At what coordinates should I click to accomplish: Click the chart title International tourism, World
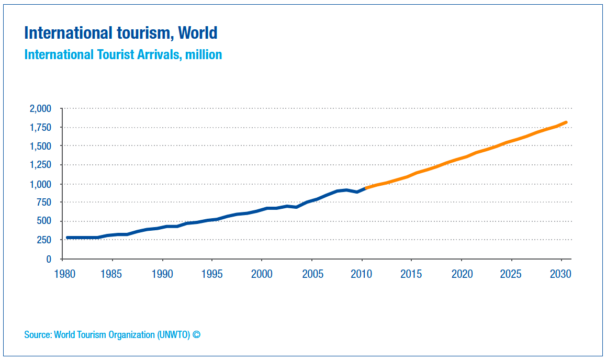click(x=120, y=33)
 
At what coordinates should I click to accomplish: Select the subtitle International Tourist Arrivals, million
click(x=123, y=54)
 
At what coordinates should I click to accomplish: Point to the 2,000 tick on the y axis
click(x=40, y=109)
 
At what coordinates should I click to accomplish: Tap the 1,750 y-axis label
click(x=40, y=128)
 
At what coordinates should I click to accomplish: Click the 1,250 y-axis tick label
click(x=40, y=165)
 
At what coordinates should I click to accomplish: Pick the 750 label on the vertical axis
click(x=44, y=203)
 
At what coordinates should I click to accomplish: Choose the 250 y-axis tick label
click(x=44, y=240)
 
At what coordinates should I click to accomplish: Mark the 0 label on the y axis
click(x=49, y=259)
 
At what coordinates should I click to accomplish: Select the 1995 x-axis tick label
click(x=212, y=274)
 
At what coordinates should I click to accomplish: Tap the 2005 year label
click(x=312, y=274)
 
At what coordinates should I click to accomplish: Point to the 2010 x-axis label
click(x=362, y=274)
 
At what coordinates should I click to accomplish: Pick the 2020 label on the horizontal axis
click(x=461, y=274)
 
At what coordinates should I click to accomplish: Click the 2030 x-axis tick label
click(x=560, y=274)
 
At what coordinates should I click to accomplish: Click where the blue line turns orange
click(x=365, y=188)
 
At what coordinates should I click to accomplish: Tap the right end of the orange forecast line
click(x=566, y=122)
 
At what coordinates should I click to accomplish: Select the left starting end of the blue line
click(x=68, y=238)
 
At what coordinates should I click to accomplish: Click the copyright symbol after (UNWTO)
click(x=196, y=334)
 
